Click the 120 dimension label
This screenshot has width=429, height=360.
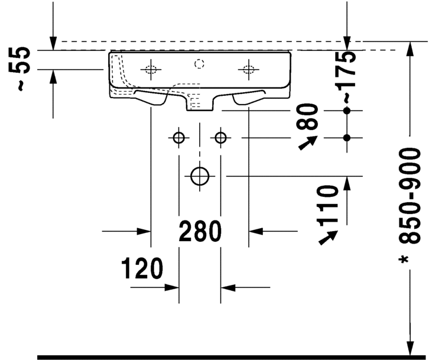142,269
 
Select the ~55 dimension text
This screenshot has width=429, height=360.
22,69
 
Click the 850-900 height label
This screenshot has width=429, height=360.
409,196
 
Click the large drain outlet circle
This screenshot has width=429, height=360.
200,176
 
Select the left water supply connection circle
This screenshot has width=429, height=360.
178,138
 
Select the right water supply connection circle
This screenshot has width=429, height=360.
221,138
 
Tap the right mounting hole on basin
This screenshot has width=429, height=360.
248,70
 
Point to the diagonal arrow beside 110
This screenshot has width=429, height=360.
327,236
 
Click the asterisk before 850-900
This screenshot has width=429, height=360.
409,260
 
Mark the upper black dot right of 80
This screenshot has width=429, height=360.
347,111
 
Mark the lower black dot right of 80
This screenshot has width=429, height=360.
347,138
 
